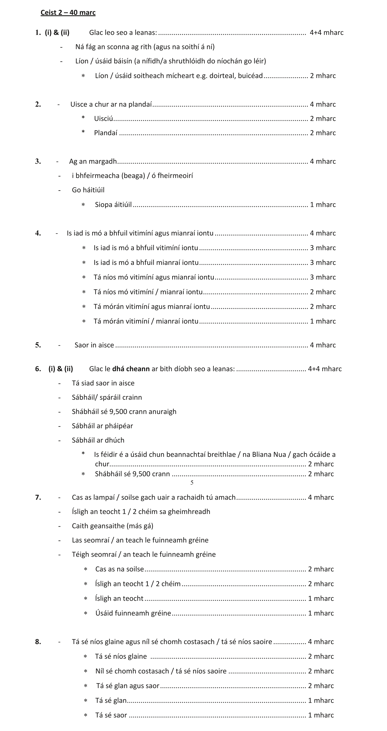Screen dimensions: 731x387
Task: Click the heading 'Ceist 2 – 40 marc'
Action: [x=68, y=13]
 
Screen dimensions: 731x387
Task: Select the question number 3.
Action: [x=38, y=162]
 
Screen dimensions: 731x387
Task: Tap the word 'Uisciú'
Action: [x=103, y=119]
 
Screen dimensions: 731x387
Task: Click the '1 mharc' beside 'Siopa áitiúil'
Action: [x=323, y=205]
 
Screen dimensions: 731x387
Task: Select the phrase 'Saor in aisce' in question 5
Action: [x=94, y=345]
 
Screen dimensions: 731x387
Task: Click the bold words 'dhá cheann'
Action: [x=131, y=369]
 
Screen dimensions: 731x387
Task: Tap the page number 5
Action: [x=192, y=483]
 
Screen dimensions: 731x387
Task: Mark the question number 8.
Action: [x=38, y=642]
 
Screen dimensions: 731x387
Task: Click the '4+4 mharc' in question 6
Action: [x=325, y=369]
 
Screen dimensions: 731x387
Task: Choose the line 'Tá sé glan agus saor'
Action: [x=128, y=686]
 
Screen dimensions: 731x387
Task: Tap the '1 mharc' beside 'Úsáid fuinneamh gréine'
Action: [x=321, y=613]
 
